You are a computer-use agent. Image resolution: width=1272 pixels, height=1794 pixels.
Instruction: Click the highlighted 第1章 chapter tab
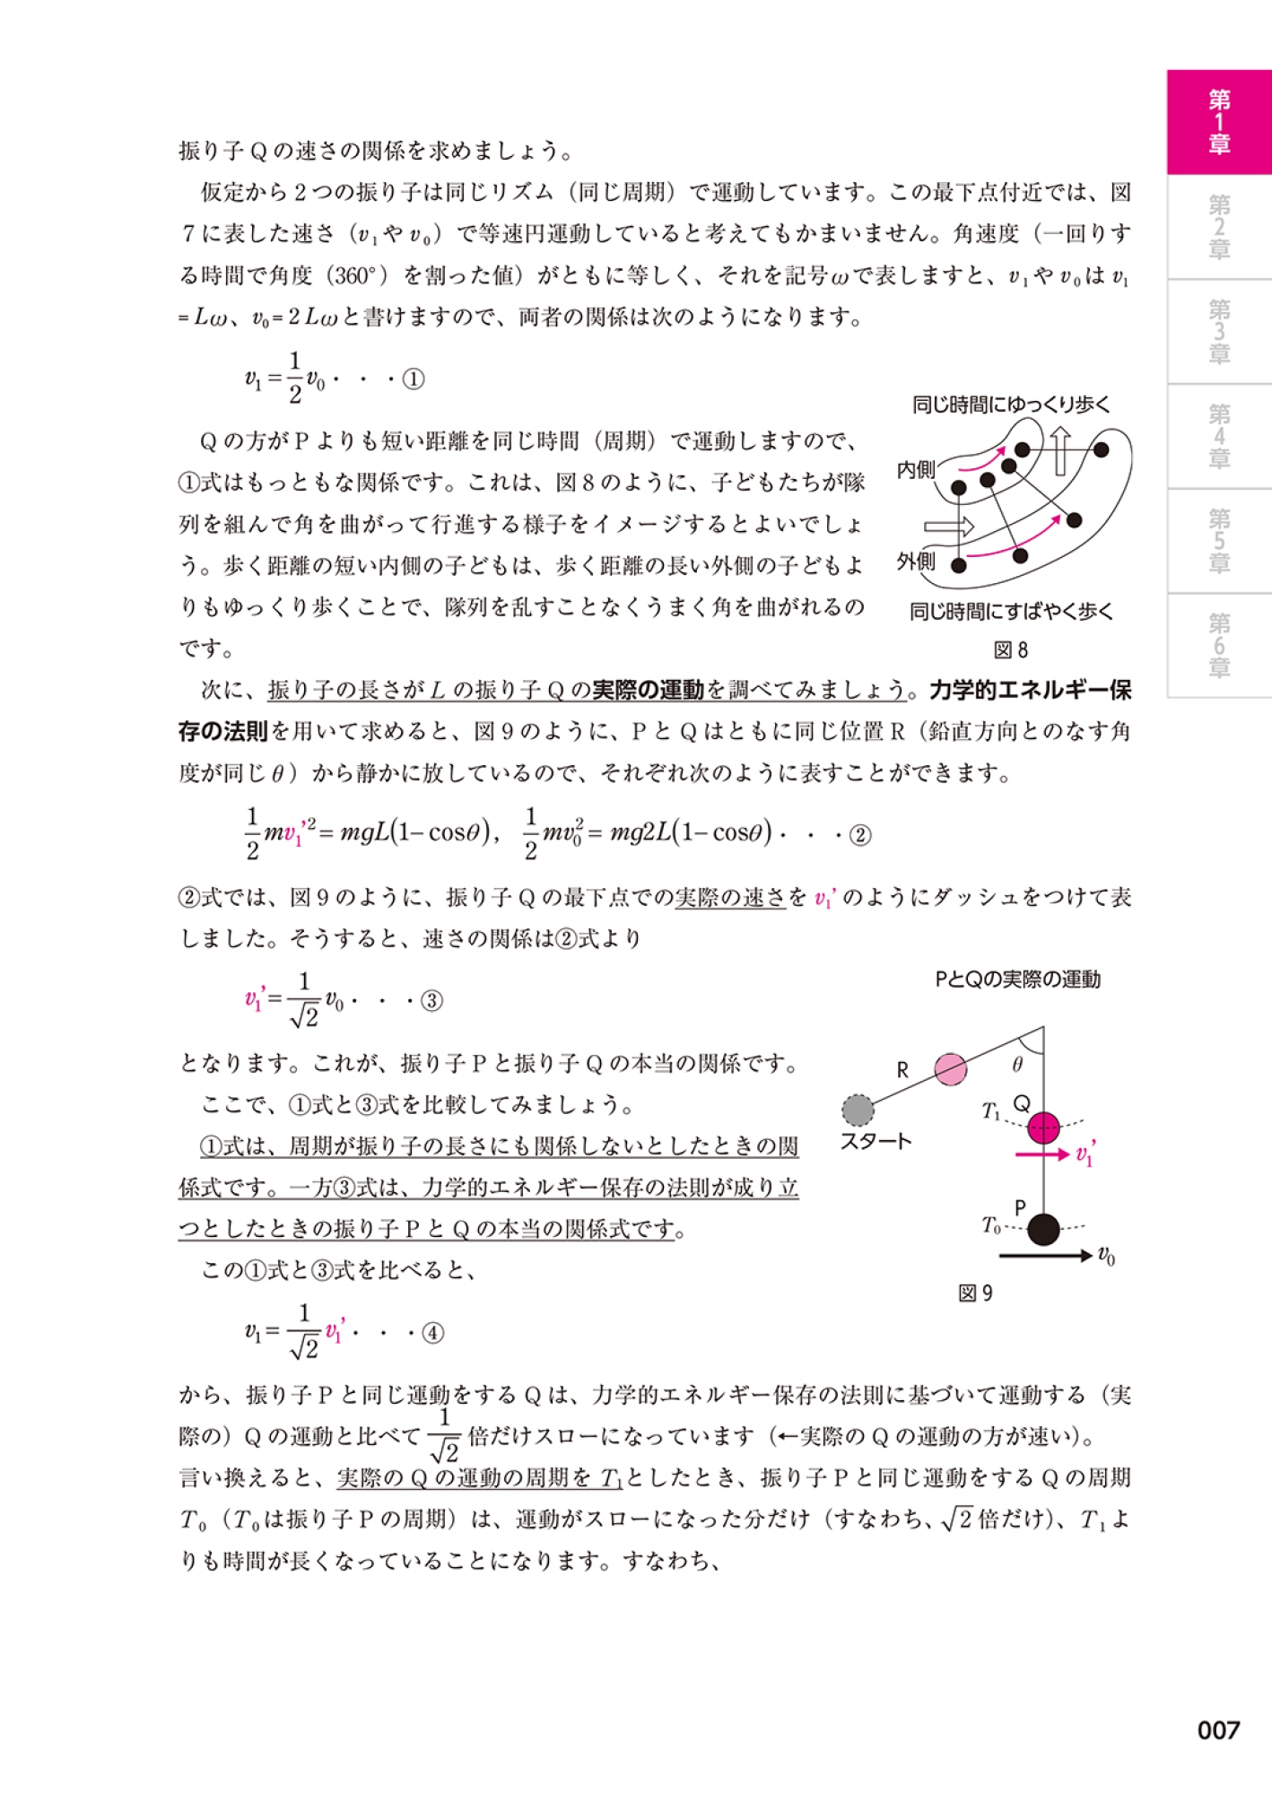coord(1218,122)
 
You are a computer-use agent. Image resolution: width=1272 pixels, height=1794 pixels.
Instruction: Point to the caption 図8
coord(1010,650)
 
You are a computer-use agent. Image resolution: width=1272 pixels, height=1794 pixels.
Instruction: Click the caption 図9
coord(975,1293)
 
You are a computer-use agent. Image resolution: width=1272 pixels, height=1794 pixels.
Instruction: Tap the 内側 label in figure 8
coord(915,469)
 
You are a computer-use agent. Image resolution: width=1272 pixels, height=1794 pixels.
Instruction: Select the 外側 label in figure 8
coord(915,562)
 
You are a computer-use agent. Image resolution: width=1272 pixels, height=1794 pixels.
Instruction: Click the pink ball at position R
coord(950,1068)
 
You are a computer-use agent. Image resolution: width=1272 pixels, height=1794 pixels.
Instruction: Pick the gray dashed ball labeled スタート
coord(858,1110)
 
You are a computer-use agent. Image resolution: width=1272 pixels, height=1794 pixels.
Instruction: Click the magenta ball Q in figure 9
coord(1043,1128)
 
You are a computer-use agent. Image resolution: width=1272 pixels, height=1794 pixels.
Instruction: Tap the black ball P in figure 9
coord(1043,1229)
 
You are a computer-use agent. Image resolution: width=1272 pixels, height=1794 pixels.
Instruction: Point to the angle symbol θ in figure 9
coord(1017,1065)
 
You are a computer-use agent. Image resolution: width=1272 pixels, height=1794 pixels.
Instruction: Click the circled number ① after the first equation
coord(413,379)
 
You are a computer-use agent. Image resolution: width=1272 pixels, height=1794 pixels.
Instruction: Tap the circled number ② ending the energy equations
coord(859,835)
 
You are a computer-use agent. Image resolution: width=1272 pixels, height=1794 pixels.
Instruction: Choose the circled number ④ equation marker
coord(432,1333)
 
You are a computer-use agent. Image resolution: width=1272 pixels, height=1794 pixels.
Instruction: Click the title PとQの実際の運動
coord(1017,980)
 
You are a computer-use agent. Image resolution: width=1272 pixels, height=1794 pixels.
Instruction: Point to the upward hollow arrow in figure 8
coord(1060,449)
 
